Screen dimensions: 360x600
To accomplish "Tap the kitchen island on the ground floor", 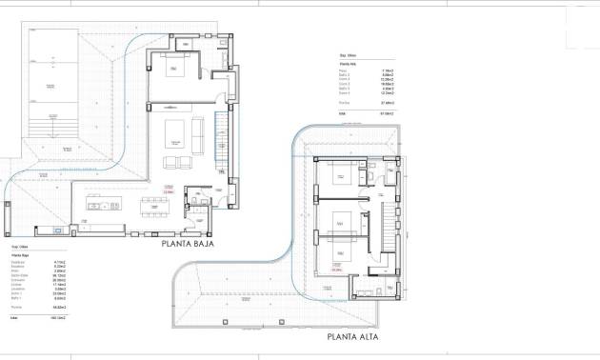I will click(104, 203).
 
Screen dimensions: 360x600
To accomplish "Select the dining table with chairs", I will click(153, 205).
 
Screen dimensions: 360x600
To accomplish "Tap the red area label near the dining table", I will click(169, 190).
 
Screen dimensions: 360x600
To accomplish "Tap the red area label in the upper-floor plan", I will click(336, 270).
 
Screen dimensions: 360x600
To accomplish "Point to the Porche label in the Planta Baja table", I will click(16, 307).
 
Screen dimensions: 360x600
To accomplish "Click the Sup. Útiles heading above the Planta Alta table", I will click(335, 55).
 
